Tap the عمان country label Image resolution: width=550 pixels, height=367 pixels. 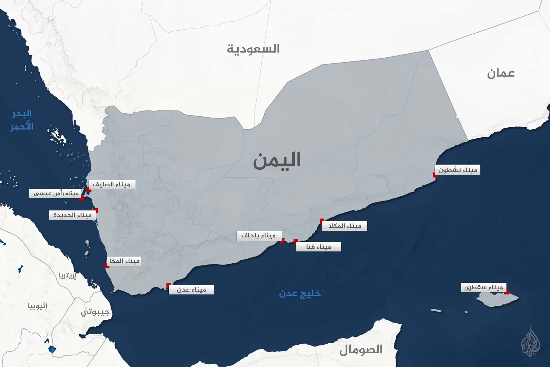501,74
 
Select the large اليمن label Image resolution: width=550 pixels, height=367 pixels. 277,160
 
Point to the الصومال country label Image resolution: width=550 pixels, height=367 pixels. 361,350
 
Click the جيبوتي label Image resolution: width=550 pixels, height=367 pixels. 95,312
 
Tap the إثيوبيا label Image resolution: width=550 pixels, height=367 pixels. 37,306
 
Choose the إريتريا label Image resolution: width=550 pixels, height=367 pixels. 67,276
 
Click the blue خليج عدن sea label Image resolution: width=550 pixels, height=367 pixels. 300,293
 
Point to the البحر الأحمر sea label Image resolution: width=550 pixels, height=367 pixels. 22,120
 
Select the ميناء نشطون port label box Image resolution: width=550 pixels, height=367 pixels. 457,170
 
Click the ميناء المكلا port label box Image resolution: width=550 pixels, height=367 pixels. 345,226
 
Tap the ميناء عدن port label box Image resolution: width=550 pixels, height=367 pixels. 191,290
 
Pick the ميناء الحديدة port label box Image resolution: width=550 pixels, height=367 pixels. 72,215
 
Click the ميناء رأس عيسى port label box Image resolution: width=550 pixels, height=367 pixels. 56,194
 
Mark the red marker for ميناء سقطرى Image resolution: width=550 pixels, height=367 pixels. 506,292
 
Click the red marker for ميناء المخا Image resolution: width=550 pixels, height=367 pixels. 107,266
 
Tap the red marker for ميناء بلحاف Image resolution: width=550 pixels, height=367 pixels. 282,241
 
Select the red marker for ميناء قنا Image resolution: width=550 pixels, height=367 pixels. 296,241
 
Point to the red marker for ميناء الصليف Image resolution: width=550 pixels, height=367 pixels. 89,190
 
